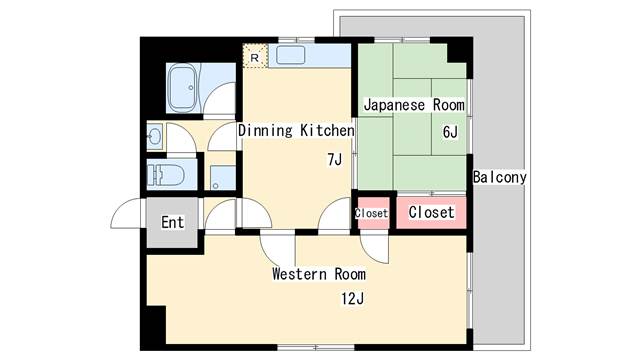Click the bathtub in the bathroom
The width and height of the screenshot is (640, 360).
coord(182,88)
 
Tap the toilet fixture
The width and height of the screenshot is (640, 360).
coord(166,175)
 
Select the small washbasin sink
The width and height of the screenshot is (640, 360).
coord(155,136)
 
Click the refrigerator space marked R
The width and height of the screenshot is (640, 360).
coord(255,56)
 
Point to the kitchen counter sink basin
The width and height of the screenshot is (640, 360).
coord(291,55)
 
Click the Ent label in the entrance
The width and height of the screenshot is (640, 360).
coord(173,222)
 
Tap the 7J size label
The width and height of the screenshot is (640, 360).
coord(335,160)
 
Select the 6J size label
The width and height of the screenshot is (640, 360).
coord(450,132)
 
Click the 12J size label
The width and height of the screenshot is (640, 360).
coord(353,299)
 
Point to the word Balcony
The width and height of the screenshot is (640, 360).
coord(500,177)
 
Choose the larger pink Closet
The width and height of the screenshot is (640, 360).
coord(431,213)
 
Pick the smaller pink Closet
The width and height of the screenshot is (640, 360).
coord(371,213)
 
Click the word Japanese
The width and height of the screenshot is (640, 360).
coord(394,105)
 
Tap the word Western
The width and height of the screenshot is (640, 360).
coord(300,273)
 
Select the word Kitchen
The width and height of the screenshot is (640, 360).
coord(327,131)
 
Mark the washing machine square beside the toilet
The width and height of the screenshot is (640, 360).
coord(223,178)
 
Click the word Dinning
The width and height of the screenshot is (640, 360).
coord(265,131)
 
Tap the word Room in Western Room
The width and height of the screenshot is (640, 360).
coord(350,273)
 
